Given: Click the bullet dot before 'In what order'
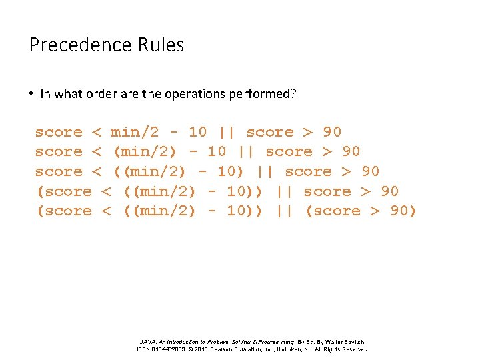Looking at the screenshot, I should [x=31, y=94].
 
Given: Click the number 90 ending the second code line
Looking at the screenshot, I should [x=351, y=152].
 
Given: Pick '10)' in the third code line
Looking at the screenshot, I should [x=231, y=172].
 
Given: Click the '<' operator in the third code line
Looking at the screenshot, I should [x=96, y=172].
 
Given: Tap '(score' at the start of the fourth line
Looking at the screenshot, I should [x=63, y=192].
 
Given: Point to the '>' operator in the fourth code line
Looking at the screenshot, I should [x=366, y=192].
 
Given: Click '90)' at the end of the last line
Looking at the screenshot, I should [x=403, y=211].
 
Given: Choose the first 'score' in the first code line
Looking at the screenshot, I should [x=59, y=133].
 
